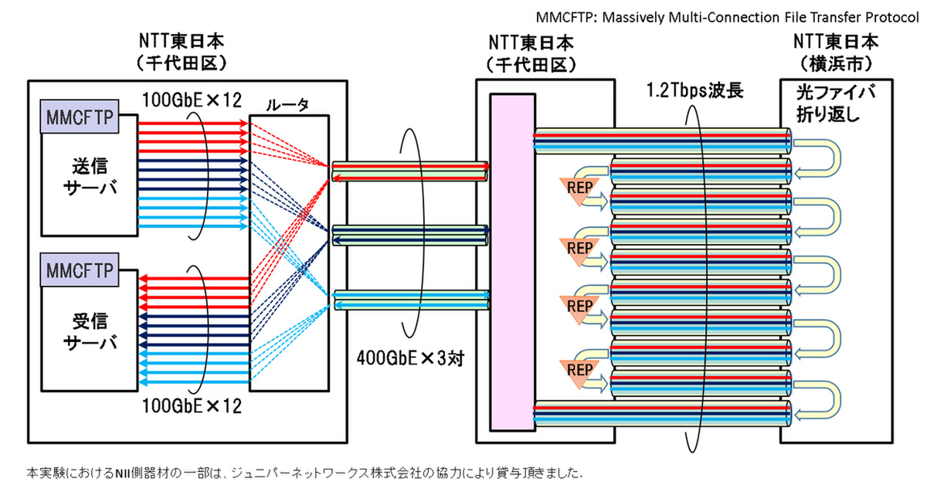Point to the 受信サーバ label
(x=90, y=330)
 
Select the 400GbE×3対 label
(x=409, y=358)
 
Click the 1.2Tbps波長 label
(x=695, y=91)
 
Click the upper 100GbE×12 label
(x=192, y=100)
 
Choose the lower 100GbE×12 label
(x=191, y=405)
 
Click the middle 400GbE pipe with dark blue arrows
(x=409, y=235)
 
